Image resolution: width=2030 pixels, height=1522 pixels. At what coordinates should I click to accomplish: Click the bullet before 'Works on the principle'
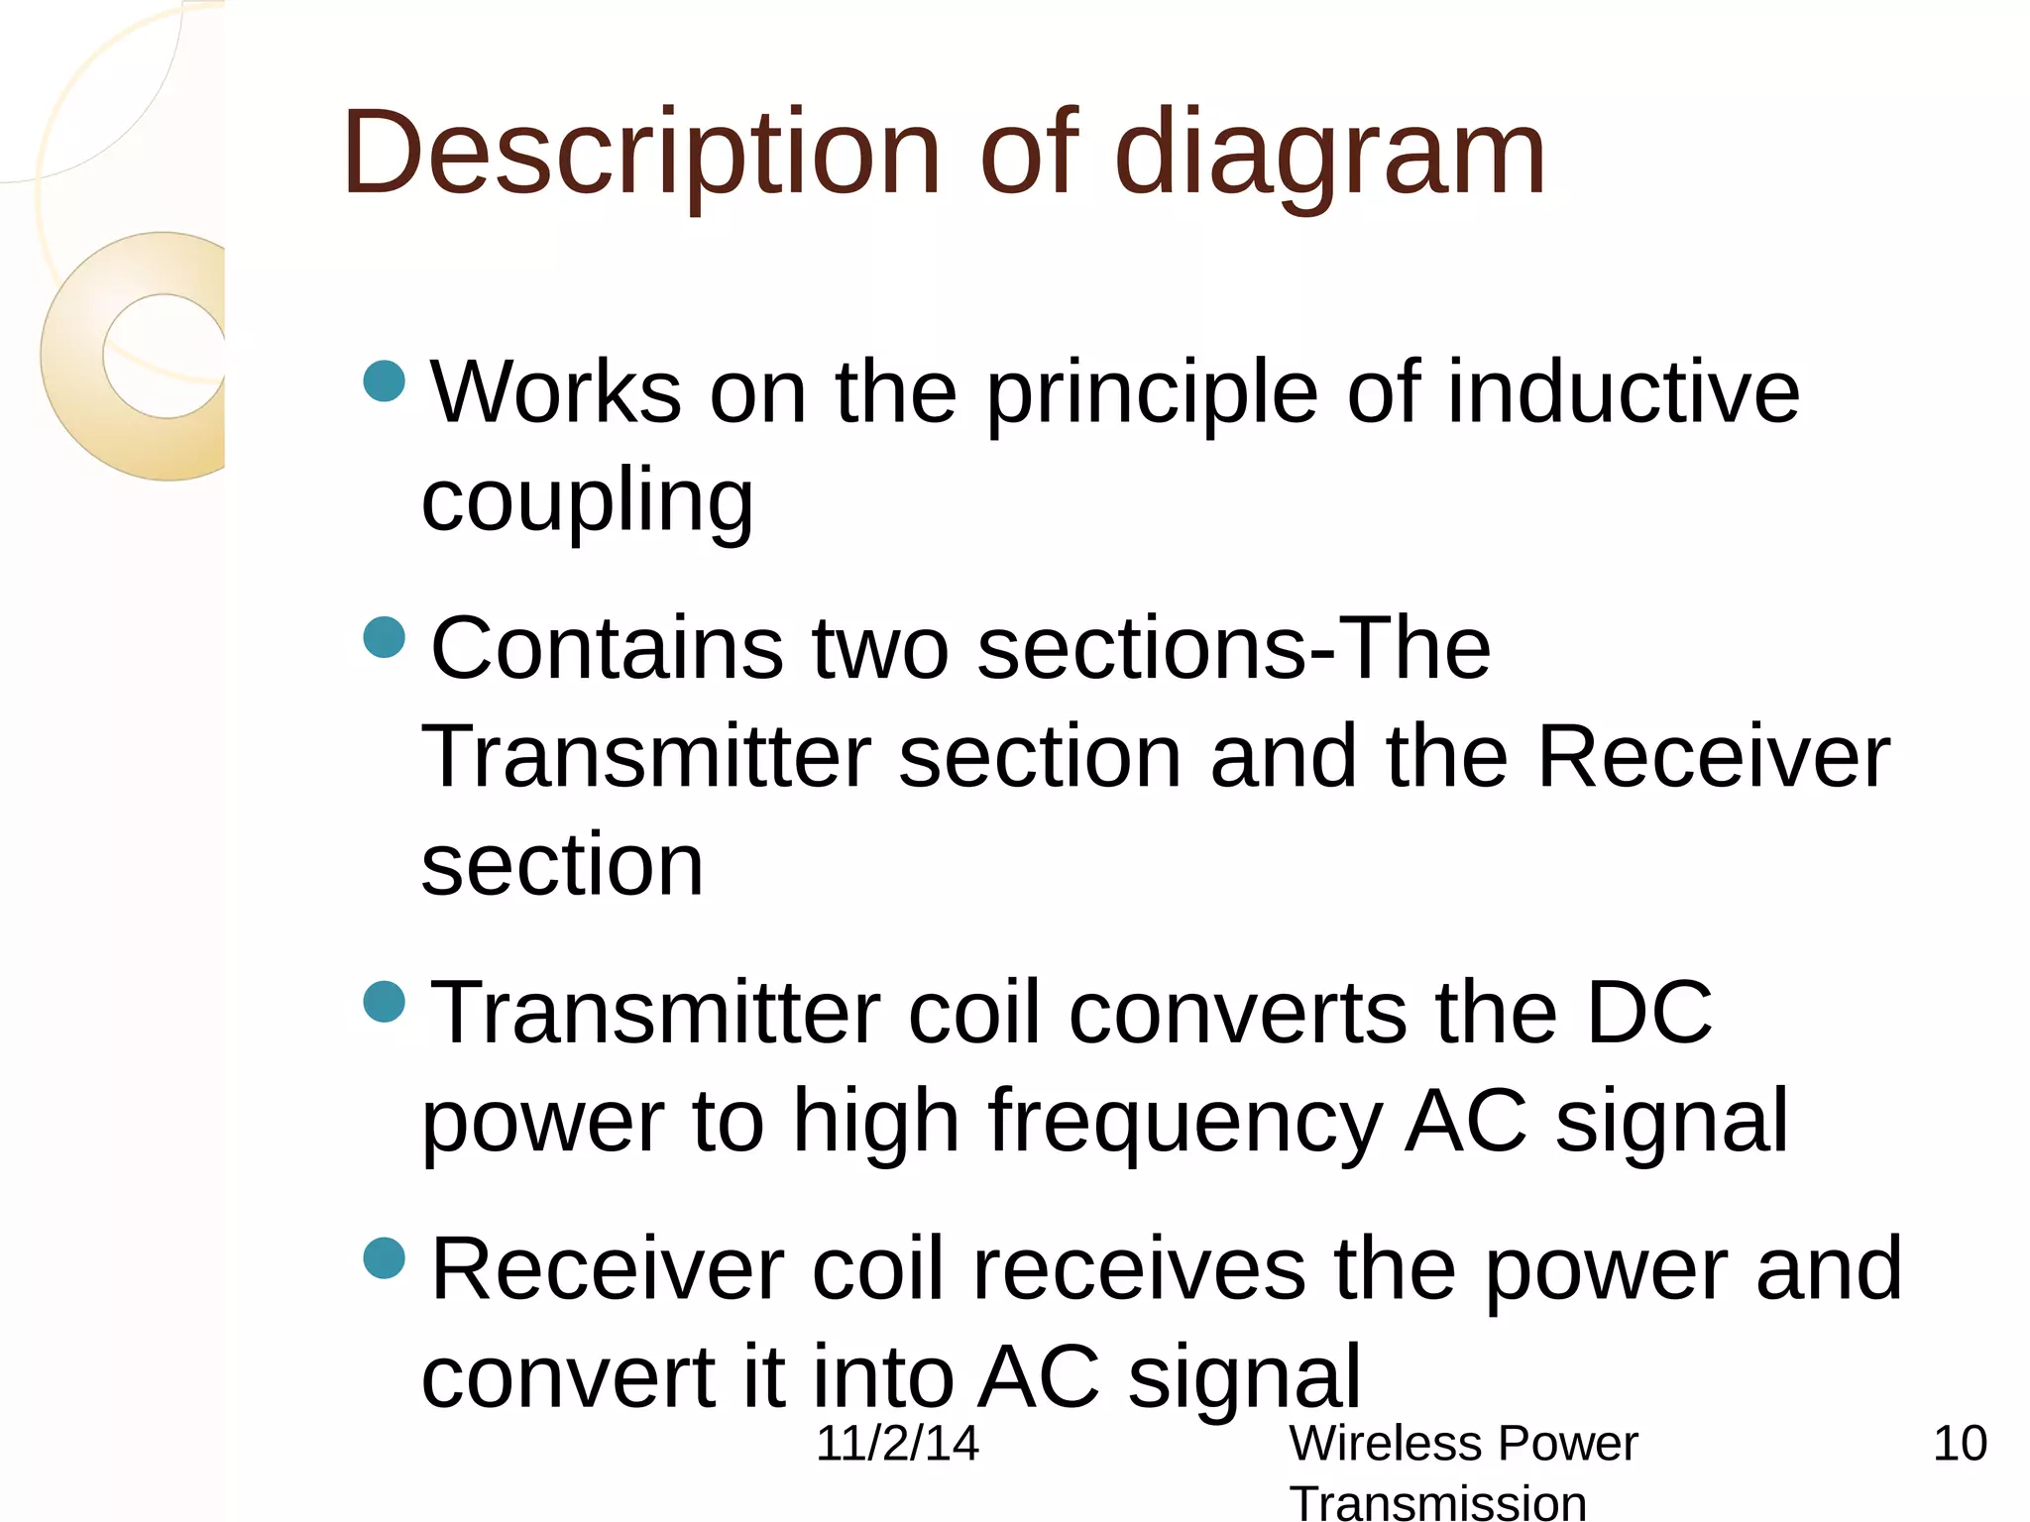click(385, 380)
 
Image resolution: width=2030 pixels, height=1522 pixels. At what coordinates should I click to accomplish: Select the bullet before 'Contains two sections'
click(385, 637)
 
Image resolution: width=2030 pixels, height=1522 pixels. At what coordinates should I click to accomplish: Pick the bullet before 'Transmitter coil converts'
click(385, 1002)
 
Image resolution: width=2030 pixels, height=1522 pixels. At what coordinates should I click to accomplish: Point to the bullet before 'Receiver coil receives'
click(385, 1258)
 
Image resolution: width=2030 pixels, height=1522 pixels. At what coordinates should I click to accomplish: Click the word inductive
click(1623, 393)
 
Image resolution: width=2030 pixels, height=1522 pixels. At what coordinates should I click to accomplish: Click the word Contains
click(607, 649)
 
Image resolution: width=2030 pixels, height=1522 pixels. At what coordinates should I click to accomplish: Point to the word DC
click(1649, 1013)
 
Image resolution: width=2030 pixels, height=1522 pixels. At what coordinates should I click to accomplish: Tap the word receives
click(1139, 1270)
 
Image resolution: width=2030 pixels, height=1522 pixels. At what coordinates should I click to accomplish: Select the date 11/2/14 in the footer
click(897, 1444)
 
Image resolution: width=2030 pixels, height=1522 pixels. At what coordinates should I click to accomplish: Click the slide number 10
click(1960, 1444)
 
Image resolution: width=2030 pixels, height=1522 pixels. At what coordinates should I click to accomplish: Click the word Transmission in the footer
click(1437, 1502)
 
